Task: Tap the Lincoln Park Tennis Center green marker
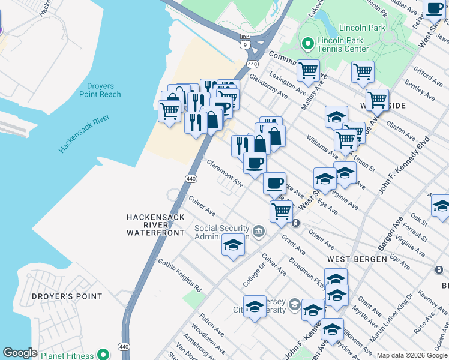click(x=308, y=43)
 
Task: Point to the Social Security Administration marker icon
click(x=258, y=231)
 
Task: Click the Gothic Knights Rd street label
click(x=179, y=275)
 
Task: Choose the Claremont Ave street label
click(x=224, y=173)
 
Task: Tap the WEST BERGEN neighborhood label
click(x=357, y=259)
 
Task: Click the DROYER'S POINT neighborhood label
click(x=59, y=296)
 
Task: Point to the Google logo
click(x=20, y=353)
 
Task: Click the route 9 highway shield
click(x=245, y=44)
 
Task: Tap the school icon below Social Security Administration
click(x=233, y=245)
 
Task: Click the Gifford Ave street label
click(x=427, y=75)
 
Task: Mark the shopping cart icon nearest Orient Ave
click(x=281, y=211)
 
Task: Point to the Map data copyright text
click(x=412, y=355)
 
